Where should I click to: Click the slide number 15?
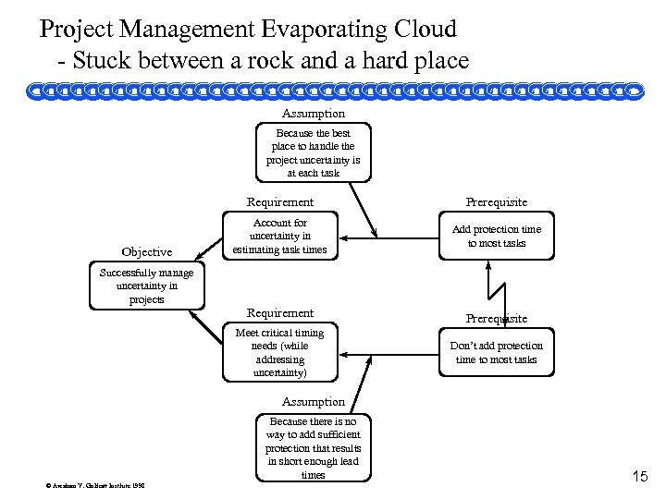coord(639,477)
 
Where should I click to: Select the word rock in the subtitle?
coord(261,62)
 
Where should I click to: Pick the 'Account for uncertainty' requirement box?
coord(279,237)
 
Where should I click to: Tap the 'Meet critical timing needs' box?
coord(279,353)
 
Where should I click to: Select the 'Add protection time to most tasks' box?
coord(497,237)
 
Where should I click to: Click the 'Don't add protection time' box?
coord(497,353)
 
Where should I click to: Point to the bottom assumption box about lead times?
coord(313,448)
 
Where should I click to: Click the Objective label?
coord(146,252)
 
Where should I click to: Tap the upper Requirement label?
coord(279,202)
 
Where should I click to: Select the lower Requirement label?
coord(279,313)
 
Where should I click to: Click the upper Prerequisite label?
coord(497,202)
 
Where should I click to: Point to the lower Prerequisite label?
coord(497,319)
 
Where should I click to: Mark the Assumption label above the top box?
coord(313,114)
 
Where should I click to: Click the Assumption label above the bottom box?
coord(313,402)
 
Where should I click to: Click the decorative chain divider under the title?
coord(333,91)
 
